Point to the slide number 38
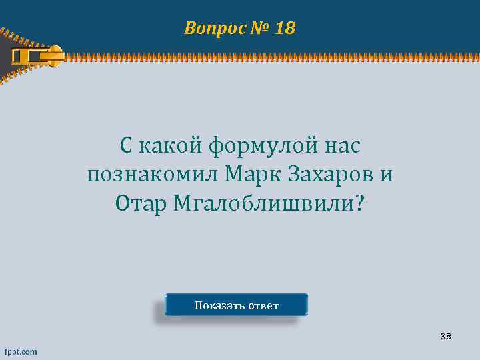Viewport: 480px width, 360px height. (445, 337)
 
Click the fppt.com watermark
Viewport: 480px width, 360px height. (21, 351)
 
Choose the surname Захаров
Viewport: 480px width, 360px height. (331, 174)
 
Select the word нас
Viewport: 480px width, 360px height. (340, 145)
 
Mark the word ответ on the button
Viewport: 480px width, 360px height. (263, 306)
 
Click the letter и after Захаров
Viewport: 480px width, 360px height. (385, 175)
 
